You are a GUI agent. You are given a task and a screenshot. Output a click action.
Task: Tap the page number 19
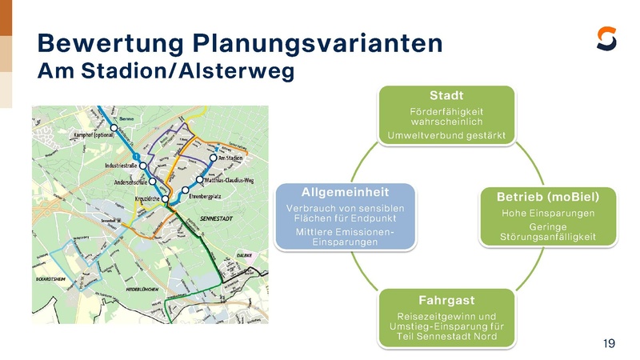609,344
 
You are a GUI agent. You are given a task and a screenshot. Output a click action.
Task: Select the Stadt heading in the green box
446,96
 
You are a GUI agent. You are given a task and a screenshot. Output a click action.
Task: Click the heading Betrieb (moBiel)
548,197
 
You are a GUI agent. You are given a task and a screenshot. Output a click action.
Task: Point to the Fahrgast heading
446,300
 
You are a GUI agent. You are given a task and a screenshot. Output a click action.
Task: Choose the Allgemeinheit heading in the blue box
345,192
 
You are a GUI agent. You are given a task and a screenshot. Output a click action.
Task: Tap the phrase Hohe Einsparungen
548,214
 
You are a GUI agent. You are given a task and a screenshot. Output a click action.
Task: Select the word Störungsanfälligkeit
548,237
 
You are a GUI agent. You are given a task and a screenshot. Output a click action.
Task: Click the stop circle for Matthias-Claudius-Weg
199,180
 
